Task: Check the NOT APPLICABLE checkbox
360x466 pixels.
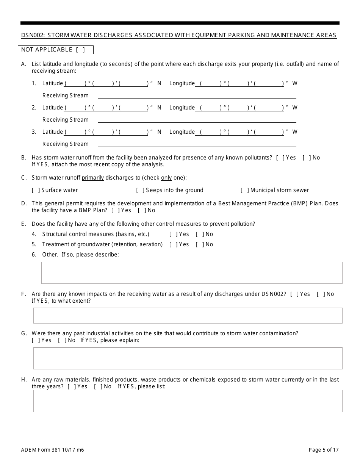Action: (80, 50)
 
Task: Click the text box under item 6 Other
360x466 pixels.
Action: (191, 273)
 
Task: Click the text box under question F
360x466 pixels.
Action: (188, 315)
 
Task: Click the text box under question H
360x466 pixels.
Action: (188, 401)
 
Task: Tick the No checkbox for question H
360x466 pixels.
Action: (98, 386)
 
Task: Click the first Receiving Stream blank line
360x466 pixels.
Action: (197, 95)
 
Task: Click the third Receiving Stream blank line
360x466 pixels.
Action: (197, 144)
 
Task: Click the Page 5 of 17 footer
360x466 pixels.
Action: (323, 450)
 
